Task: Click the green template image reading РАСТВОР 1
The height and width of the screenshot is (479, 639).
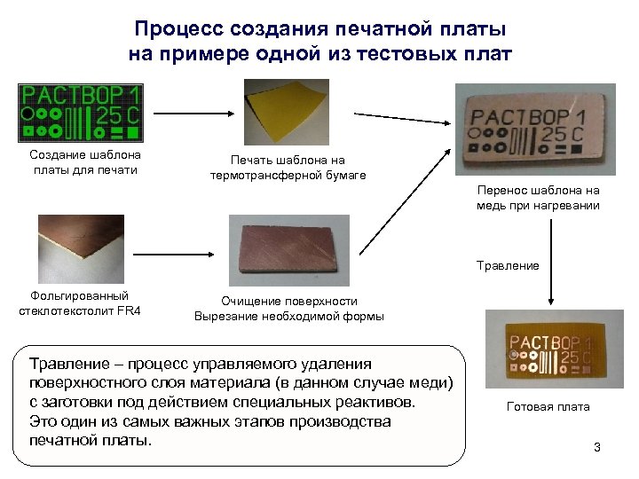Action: [x=81, y=114]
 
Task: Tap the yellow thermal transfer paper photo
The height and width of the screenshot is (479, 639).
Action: [x=287, y=114]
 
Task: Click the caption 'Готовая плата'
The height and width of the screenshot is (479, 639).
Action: [x=548, y=407]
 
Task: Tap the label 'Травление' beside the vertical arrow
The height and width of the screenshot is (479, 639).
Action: [x=508, y=265]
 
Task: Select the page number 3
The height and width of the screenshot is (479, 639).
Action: [x=597, y=447]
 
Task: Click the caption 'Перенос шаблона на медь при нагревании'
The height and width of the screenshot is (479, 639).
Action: [x=538, y=198]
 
